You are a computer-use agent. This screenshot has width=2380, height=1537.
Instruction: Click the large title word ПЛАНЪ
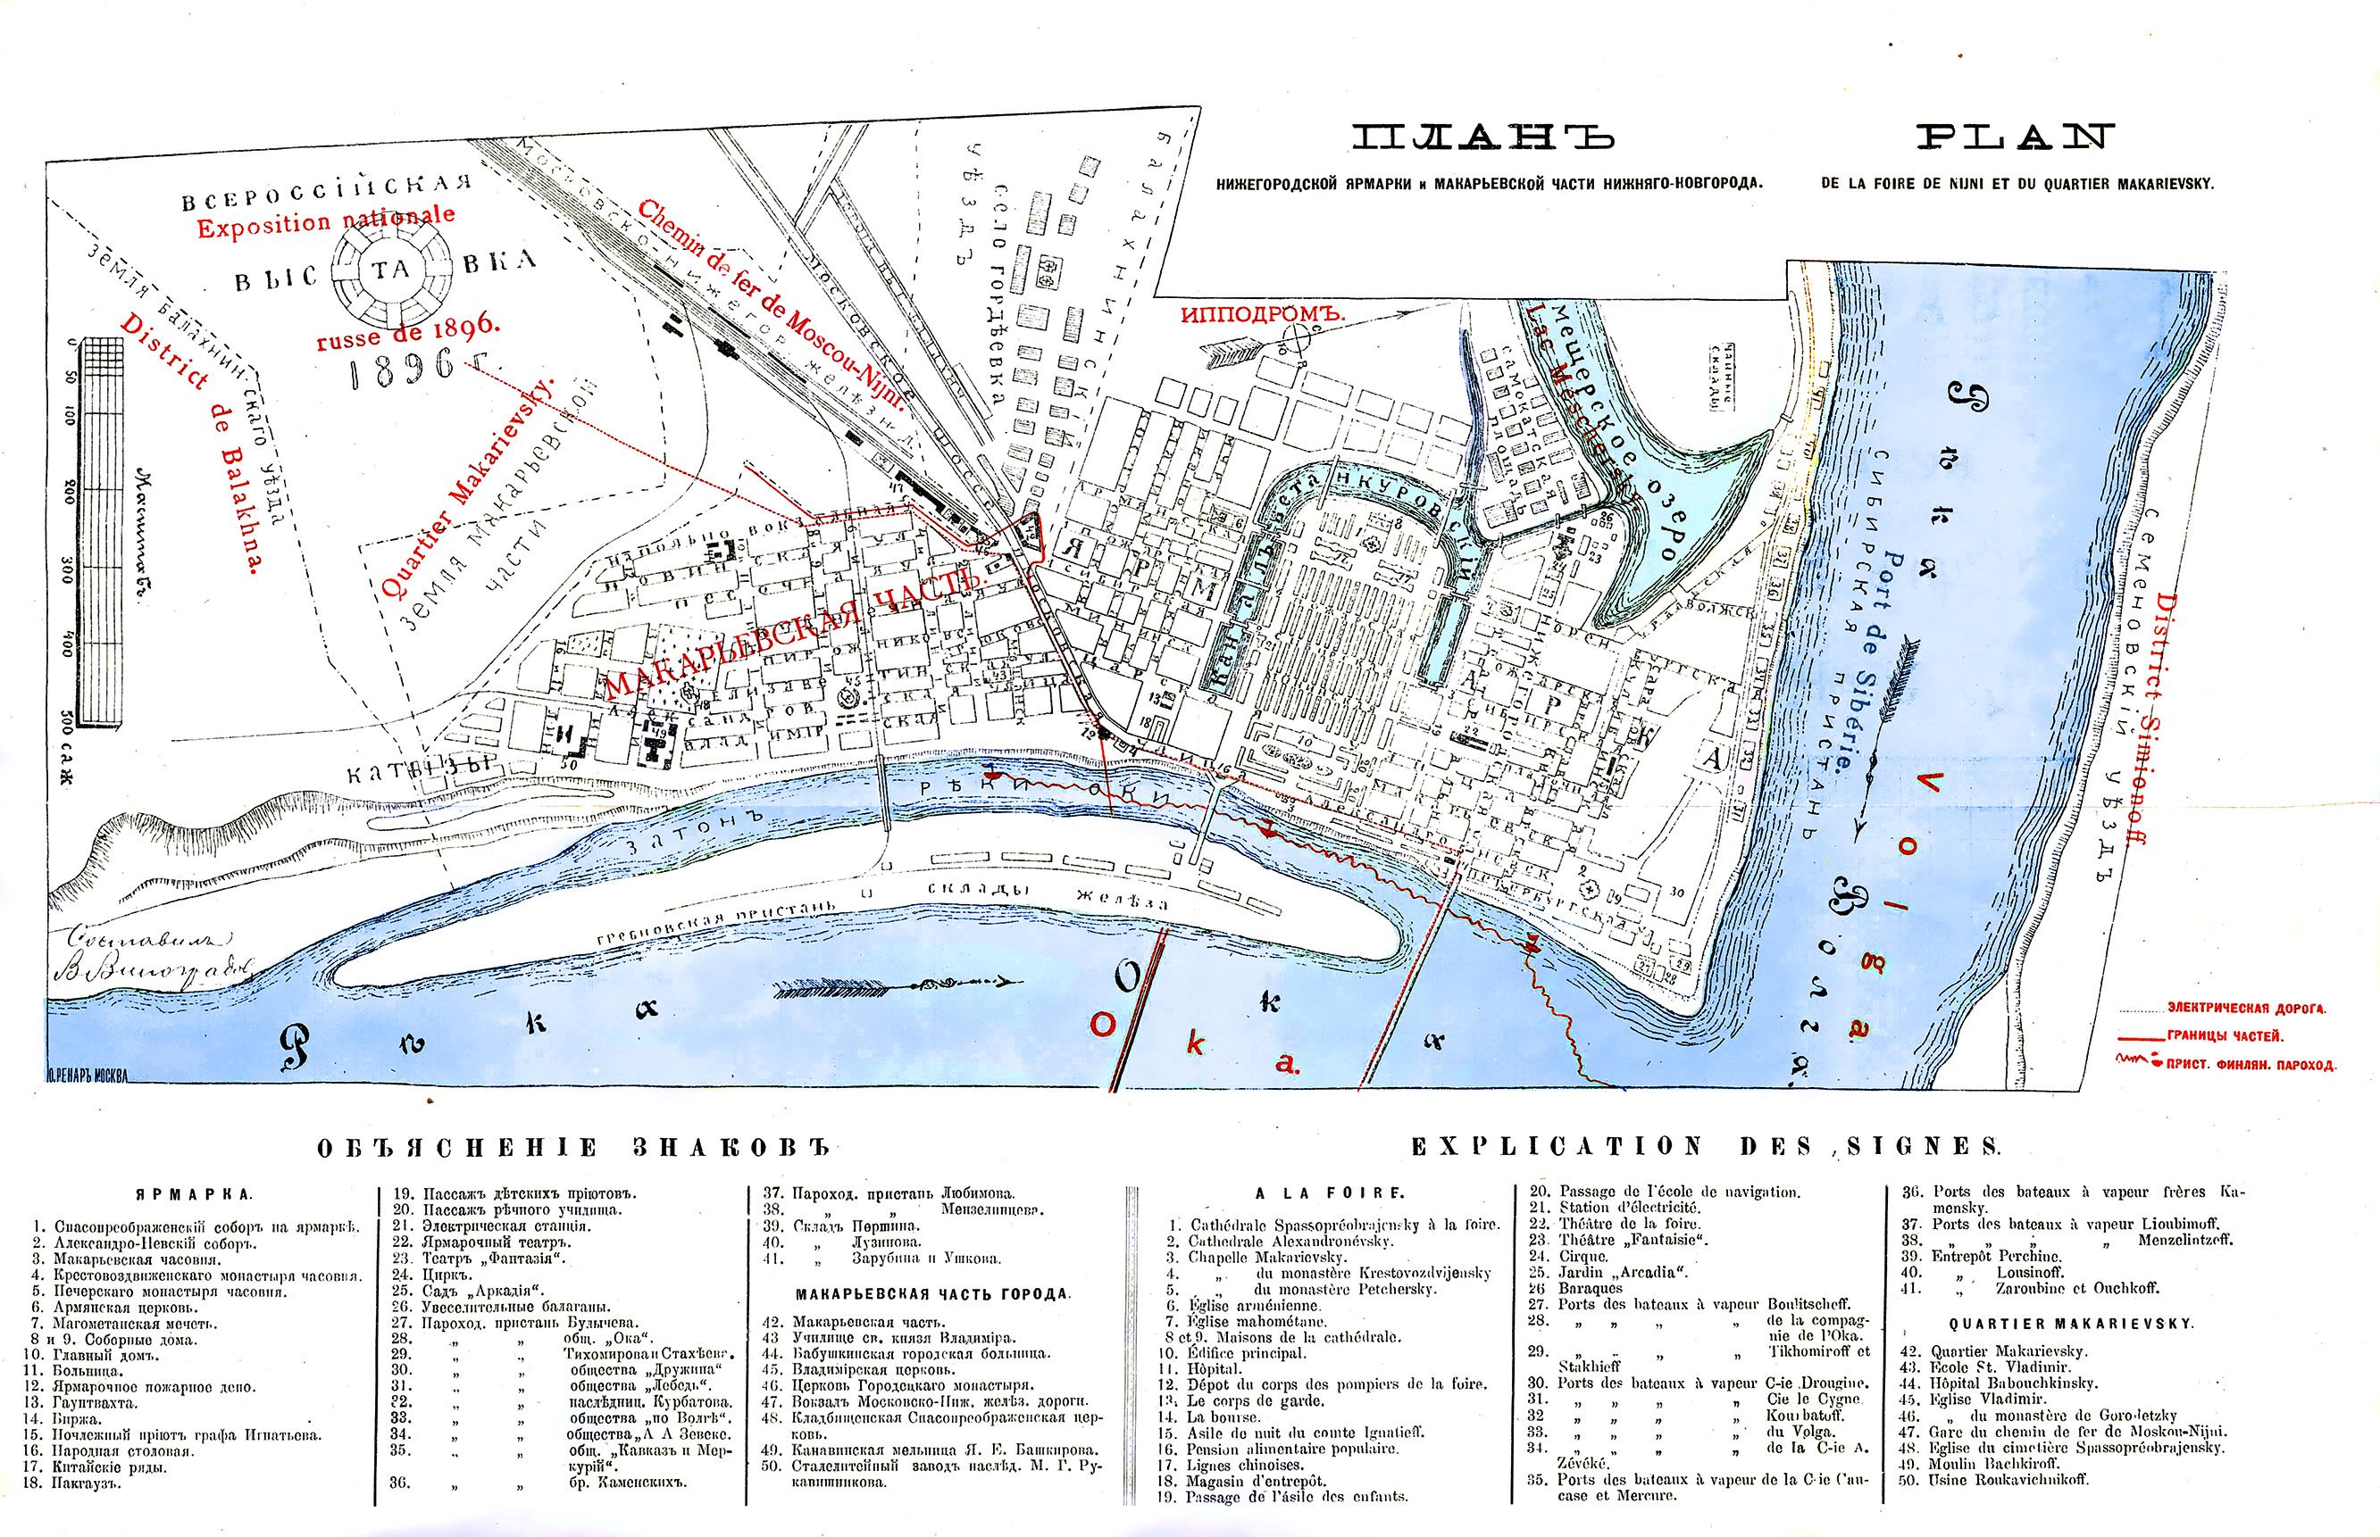[1482, 137]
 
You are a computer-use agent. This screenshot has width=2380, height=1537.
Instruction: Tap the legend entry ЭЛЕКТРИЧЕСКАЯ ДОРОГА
[2245, 1009]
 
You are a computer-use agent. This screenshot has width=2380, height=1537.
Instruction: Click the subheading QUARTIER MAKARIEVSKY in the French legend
[2072, 1325]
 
